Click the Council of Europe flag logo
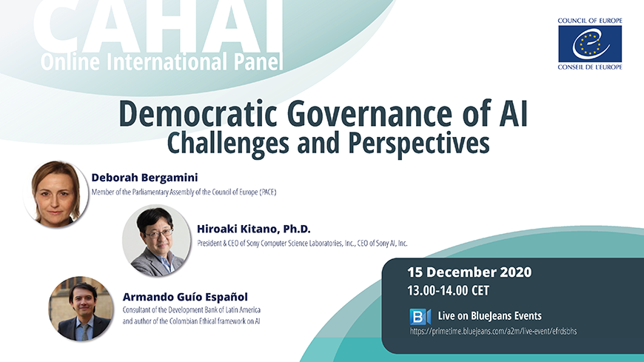590,44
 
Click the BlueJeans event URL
493,331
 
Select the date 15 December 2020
469,272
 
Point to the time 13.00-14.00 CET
448,291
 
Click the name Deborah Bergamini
144,178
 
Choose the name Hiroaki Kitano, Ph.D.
254,229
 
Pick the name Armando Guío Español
185,297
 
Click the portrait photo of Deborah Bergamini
56,193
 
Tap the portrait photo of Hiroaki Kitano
156,241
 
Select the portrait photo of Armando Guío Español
81,309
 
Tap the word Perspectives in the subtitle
419,144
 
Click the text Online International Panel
162,61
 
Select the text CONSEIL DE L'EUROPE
590,67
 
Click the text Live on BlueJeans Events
489,316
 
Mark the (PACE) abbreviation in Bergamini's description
268,192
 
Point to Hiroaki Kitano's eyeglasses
159,233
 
